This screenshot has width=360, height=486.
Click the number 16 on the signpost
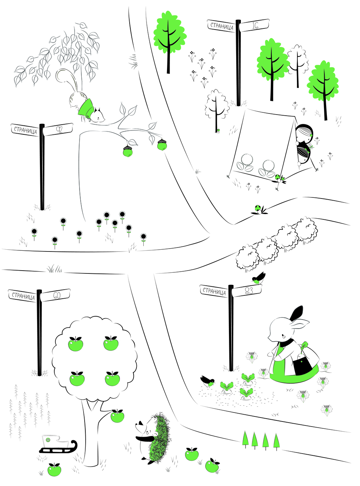click(x=255, y=26)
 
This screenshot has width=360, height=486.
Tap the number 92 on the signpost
click(x=59, y=130)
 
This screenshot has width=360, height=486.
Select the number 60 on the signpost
click(x=57, y=296)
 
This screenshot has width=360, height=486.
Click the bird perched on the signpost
click(x=258, y=278)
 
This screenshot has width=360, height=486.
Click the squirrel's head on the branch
click(x=99, y=116)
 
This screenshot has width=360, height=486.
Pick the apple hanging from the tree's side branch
click(x=117, y=416)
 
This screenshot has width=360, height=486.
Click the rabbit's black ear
click(x=296, y=313)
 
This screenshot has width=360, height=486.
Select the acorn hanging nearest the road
click(x=162, y=144)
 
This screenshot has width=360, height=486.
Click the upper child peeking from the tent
click(x=304, y=133)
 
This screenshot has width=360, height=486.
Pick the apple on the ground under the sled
click(x=54, y=469)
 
